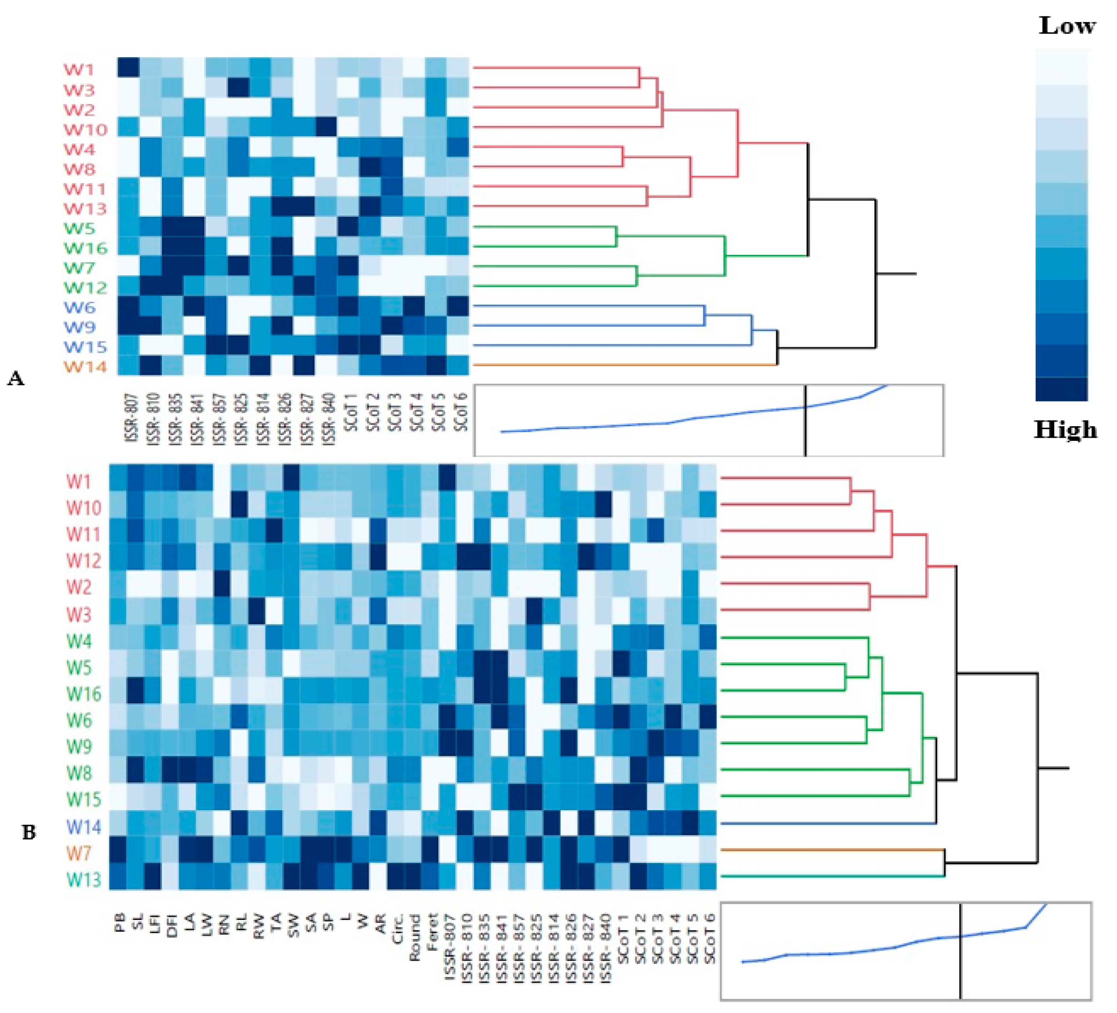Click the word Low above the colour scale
coord(1067,26)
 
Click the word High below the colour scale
coord(1065,430)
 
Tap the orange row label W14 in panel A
coord(85,367)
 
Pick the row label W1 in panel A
coord(79,70)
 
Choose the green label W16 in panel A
coord(85,248)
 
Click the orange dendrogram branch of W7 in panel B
coord(831,850)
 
